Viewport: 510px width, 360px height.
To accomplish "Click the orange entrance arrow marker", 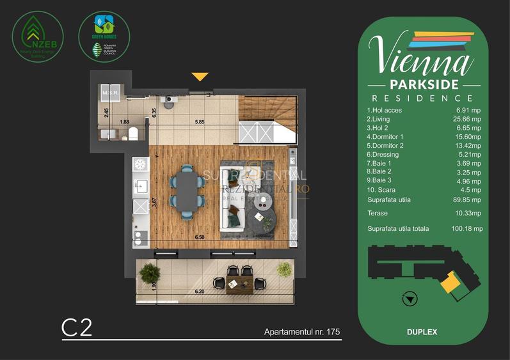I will [x=200, y=77].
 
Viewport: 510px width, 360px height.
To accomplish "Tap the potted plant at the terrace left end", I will [x=148, y=272].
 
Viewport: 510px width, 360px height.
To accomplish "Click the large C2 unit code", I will [x=77, y=327].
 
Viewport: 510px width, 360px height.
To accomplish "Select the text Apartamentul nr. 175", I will [x=301, y=333].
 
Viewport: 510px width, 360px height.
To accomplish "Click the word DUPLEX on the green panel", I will [x=421, y=332].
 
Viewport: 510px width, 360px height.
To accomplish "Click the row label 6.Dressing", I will [x=383, y=154].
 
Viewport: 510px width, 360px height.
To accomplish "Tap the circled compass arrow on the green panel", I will [x=408, y=298].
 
